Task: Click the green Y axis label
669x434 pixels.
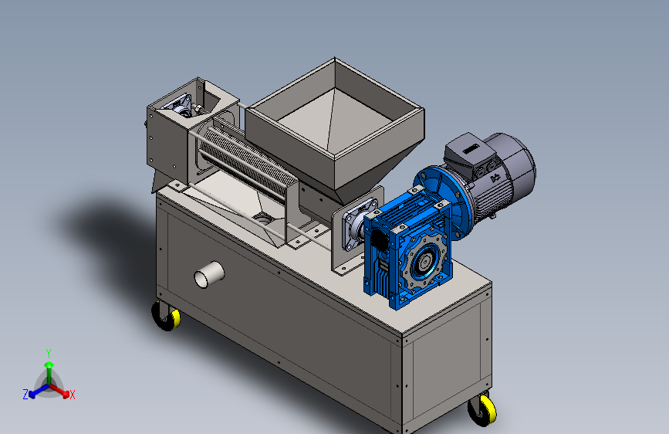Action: tap(49, 354)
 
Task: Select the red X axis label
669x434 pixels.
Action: tap(72, 395)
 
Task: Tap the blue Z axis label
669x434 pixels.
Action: tap(25, 395)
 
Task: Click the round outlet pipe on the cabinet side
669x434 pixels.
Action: tap(209, 275)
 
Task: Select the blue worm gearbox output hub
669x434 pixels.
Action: tap(424, 261)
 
